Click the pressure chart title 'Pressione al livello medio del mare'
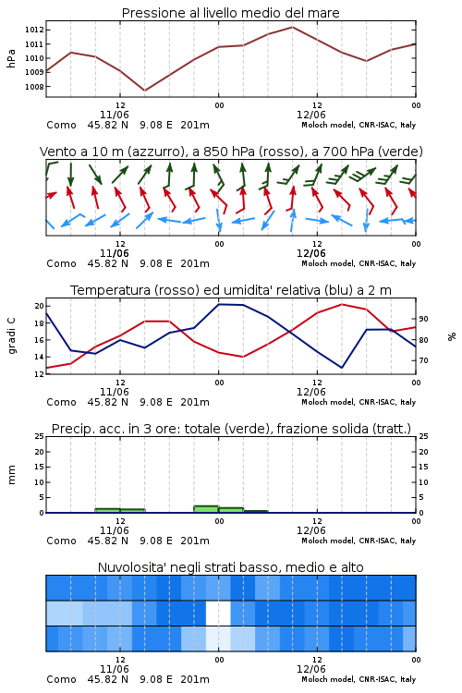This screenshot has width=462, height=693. [230, 13]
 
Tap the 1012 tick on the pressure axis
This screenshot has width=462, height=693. [34, 30]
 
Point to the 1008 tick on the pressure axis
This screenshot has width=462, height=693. [34, 87]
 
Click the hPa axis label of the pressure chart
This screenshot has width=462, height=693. [11, 58]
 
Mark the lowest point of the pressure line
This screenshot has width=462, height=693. [144, 91]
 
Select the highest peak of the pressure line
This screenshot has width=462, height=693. [292, 27]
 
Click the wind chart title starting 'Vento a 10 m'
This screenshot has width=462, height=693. [231, 152]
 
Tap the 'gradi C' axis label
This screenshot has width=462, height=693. [11, 336]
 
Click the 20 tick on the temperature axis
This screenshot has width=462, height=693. [39, 306]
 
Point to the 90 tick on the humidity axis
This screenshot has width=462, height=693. [423, 319]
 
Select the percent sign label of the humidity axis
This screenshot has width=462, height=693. [452, 336]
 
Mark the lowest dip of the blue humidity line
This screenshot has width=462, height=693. [342, 368]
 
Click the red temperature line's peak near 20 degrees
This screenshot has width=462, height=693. [342, 304]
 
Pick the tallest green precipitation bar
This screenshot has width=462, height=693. [206, 509]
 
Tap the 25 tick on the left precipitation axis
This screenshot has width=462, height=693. [39, 436]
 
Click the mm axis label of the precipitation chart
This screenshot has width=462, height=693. [11, 475]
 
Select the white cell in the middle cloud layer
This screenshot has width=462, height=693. [218, 613]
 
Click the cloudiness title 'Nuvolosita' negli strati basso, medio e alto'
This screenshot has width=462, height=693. [230, 567]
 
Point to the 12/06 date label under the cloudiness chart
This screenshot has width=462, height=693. [310, 669]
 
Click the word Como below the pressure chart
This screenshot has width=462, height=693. [62, 125]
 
